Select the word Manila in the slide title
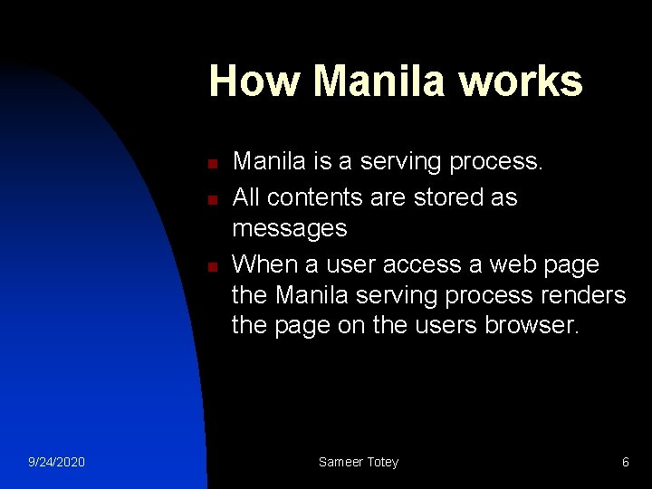pyautogui.click(x=381, y=81)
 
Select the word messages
pyautogui.click(x=290, y=229)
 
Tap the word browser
pyautogui.click(x=534, y=326)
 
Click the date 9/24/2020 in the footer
pyautogui.click(x=56, y=462)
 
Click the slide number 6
pyautogui.click(x=625, y=462)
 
